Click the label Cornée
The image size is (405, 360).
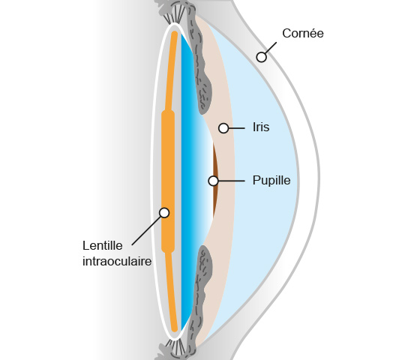[303, 34]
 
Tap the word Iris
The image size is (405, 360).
[261, 127]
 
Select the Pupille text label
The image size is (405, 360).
[271, 181]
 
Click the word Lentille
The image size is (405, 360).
[103, 245]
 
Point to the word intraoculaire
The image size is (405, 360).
[117, 261]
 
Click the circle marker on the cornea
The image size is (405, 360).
[262, 57]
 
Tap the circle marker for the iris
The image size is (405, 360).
[223, 128]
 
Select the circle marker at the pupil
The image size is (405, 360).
[213, 181]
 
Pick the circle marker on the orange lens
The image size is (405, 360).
[164, 213]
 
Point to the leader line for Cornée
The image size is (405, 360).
[271, 48]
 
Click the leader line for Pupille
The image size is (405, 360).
[232, 181]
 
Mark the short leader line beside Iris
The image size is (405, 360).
[237, 128]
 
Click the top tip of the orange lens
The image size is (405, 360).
[175, 32]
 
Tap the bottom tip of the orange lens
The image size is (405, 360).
[175, 330]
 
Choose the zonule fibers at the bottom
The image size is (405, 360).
[175, 347]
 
